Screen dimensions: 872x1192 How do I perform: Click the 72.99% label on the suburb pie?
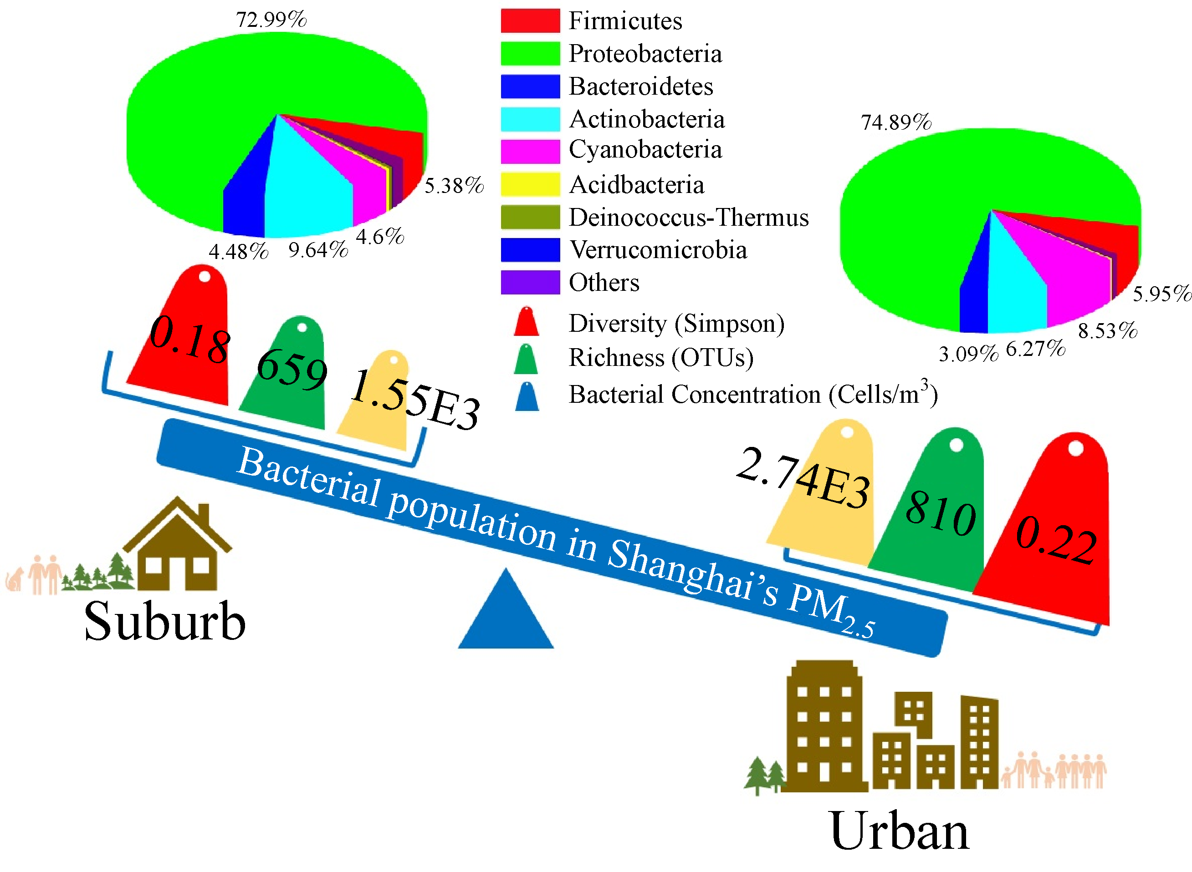(271, 20)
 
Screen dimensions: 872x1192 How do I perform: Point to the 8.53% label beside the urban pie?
(1107, 331)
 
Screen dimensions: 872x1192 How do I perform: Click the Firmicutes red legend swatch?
(530, 20)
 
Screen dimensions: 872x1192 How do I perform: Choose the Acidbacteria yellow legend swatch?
(530, 184)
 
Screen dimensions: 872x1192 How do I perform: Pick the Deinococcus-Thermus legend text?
(688, 218)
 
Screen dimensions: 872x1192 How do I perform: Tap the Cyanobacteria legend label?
(645, 149)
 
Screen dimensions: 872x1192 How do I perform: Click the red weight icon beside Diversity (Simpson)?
(526, 321)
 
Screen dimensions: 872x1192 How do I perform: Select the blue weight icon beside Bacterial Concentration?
(527, 396)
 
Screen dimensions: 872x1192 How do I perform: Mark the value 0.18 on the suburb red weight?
(189, 340)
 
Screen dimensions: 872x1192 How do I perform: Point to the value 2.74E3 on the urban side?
(802, 478)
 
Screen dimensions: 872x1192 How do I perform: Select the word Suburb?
(165, 621)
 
